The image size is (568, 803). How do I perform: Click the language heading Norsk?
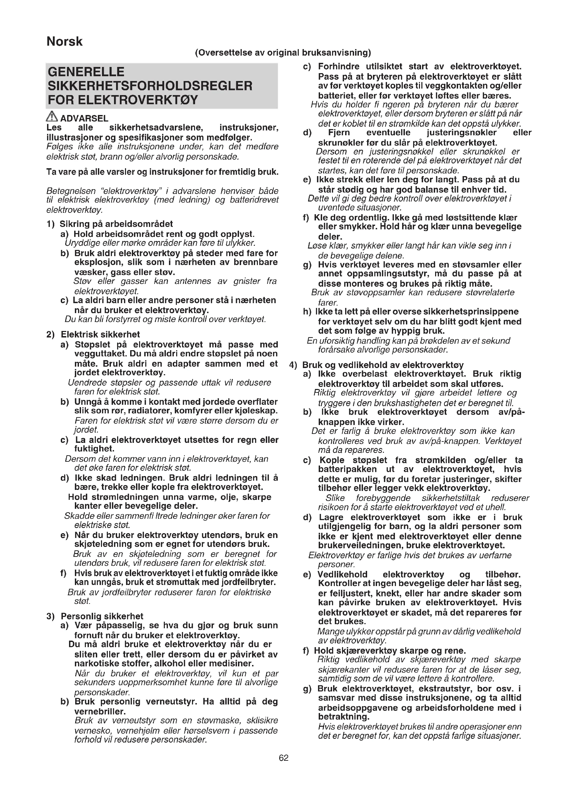[64, 42]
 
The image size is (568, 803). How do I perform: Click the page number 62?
[284, 758]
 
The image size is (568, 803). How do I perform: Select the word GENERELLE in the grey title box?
[86, 72]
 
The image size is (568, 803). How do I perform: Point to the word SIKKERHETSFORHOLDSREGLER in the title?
[150, 86]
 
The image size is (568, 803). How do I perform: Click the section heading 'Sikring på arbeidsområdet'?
[116, 224]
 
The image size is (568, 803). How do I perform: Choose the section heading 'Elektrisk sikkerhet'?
[100, 334]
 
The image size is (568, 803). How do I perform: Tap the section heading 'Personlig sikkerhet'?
[102, 626]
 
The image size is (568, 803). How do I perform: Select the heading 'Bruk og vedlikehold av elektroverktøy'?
[383, 365]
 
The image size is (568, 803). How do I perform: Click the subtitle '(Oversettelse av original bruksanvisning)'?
[283, 53]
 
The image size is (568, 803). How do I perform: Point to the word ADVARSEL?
[84, 118]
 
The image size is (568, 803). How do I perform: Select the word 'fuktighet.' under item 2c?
[94, 449]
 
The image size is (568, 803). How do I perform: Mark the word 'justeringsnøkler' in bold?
[461, 133]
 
